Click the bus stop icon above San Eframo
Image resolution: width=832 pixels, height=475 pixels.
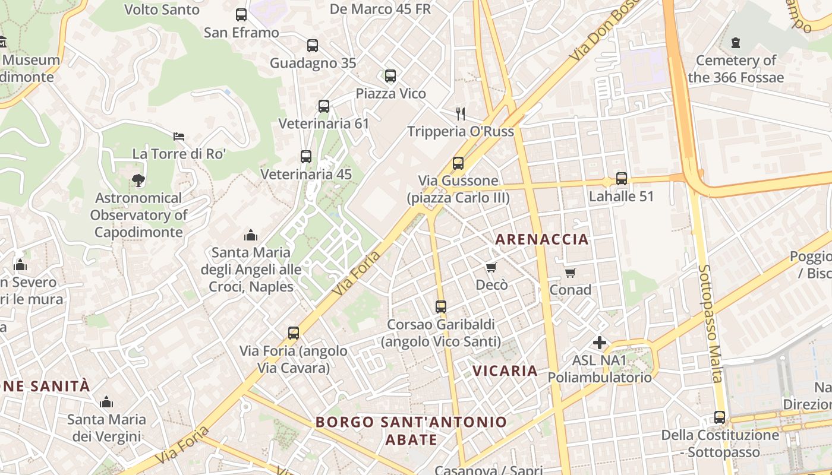point(241,15)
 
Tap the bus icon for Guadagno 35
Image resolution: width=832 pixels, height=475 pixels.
point(313,46)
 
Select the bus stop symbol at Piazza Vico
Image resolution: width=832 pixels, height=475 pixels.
point(390,76)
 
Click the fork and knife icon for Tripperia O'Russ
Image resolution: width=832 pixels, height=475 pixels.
point(461,113)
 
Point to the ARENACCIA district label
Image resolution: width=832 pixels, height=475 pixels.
point(541,239)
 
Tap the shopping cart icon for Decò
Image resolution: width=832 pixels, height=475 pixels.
point(491,268)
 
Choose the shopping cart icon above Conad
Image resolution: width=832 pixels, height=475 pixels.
point(571,273)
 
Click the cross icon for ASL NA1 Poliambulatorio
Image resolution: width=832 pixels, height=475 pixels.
point(600,343)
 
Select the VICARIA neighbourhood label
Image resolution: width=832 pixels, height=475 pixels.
point(505,370)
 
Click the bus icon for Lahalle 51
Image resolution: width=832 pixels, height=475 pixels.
point(622,179)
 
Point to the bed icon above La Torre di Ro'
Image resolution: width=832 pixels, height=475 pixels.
point(179,137)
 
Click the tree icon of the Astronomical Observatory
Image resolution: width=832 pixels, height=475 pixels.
point(138,180)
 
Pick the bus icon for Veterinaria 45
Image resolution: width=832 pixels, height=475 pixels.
point(306,157)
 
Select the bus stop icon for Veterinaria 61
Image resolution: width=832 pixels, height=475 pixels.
point(324,106)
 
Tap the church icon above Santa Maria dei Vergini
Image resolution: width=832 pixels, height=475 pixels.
point(106,402)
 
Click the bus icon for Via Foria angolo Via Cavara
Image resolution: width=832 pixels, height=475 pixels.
point(294,333)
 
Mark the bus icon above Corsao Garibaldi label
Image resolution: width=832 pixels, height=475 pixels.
point(441,307)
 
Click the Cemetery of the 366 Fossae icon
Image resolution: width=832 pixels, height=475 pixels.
point(736,43)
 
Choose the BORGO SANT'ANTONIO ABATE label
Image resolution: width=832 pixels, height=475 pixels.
point(411,430)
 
